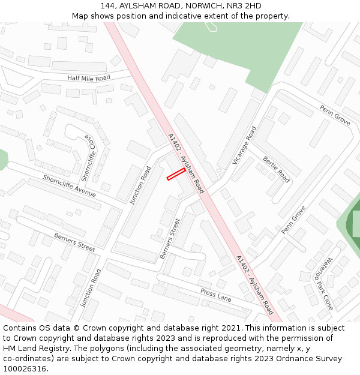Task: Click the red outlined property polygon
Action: (176, 174)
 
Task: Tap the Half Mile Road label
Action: (89, 78)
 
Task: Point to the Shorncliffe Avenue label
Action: (69, 185)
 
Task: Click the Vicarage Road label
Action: (244, 146)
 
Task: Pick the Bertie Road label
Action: (276, 169)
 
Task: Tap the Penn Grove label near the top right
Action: (334, 116)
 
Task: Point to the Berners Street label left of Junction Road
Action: (74, 242)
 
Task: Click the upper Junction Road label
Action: (140, 185)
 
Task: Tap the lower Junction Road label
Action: (91, 288)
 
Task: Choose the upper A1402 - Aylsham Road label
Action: (187, 163)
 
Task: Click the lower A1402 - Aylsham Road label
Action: (255, 285)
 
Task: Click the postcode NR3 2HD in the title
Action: (244, 6)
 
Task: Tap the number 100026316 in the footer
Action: (25, 368)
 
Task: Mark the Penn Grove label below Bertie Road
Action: (293, 220)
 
